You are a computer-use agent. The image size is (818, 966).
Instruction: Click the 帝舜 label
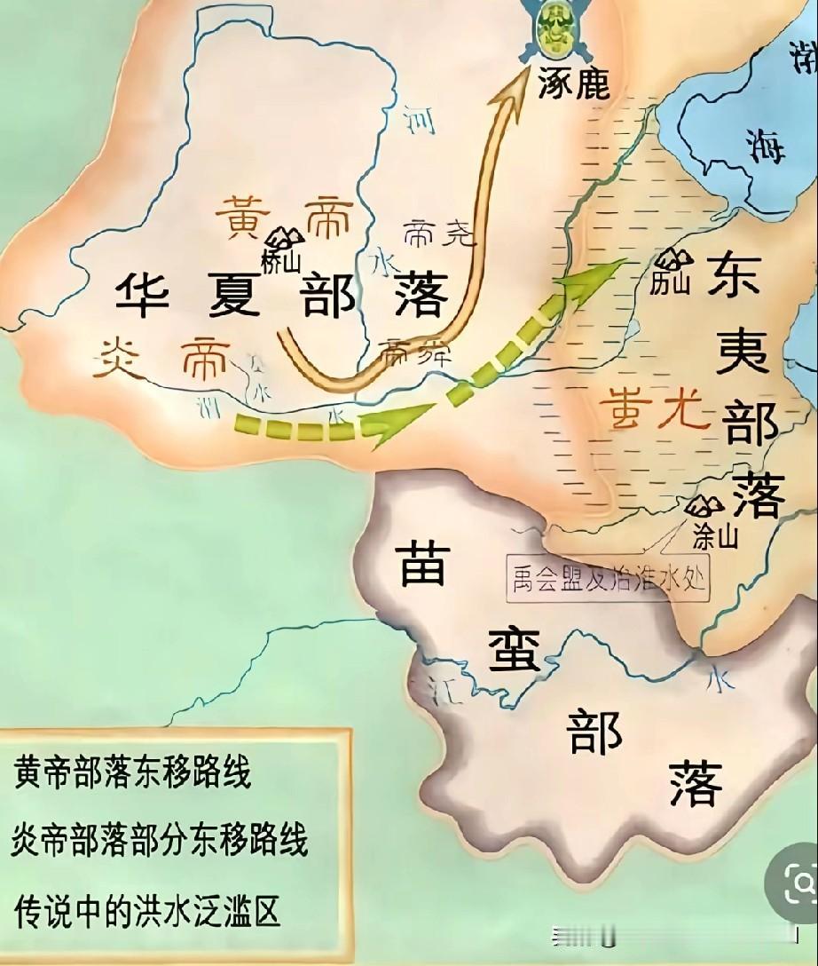[x=415, y=354]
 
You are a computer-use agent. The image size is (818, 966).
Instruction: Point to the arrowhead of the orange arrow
[x=513, y=83]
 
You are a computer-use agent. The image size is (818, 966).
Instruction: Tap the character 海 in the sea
[x=765, y=145]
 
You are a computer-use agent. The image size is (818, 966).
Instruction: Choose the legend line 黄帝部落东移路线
[x=133, y=773]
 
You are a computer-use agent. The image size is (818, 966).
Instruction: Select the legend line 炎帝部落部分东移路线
[x=161, y=839]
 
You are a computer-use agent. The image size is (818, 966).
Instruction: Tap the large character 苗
[x=427, y=566]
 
